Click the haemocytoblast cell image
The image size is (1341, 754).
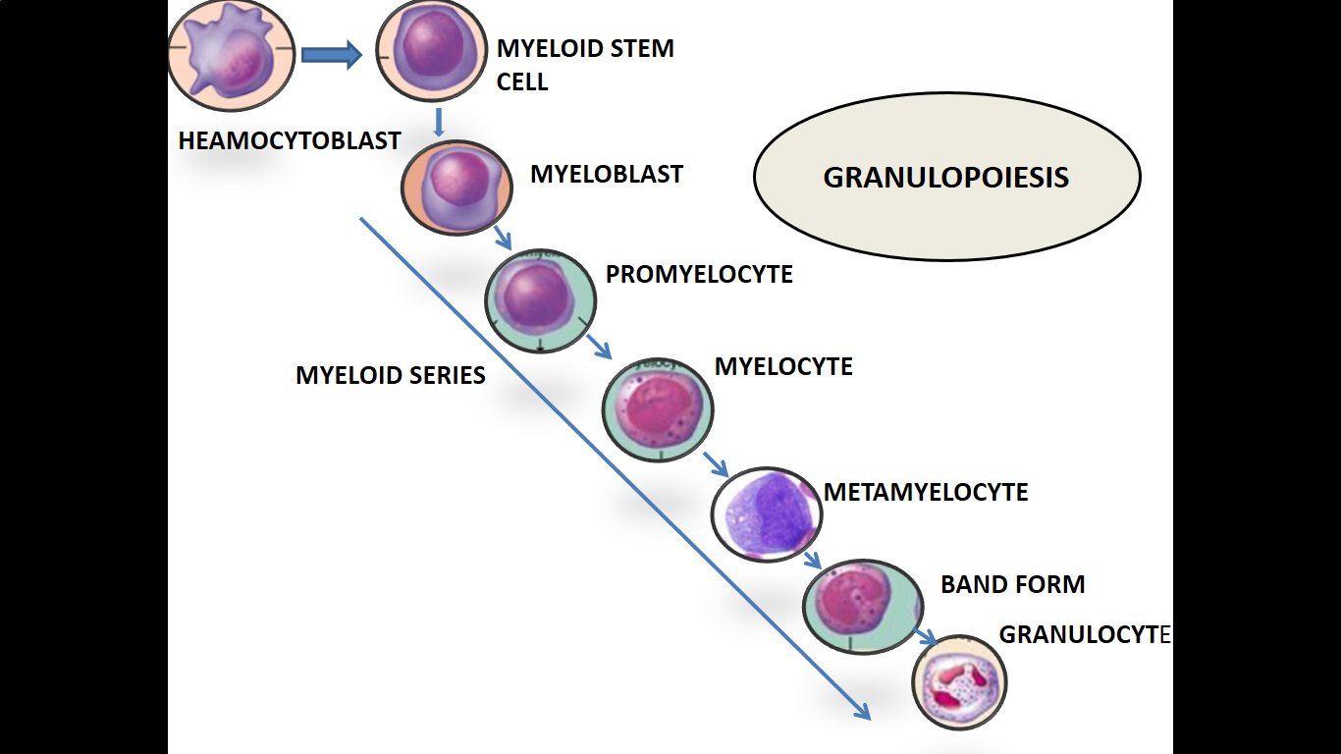click(x=231, y=55)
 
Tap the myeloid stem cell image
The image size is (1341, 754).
click(x=432, y=51)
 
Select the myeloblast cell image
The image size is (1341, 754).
click(x=456, y=188)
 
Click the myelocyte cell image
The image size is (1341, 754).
click(x=658, y=408)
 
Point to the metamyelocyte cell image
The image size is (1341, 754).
click(x=766, y=513)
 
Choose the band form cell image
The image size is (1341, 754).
click(x=860, y=606)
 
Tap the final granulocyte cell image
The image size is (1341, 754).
click(x=959, y=681)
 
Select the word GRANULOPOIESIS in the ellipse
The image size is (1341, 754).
click(x=945, y=178)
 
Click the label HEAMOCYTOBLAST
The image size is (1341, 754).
click(x=289, y=141)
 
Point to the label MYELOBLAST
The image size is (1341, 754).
click(x=606, y=175)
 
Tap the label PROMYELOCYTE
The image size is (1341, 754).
click(x=698, y=275)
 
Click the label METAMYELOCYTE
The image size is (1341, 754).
click(x=925, y=492)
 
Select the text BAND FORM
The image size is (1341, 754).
click(x=1012, y=585)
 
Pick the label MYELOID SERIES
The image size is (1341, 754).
click(x=390, y=375)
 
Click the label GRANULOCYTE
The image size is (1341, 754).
click(x=1084, y=635)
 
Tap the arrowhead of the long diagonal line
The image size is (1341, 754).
click(x=863, y=711)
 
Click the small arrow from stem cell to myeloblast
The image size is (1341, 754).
click(x=439, y=122)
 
